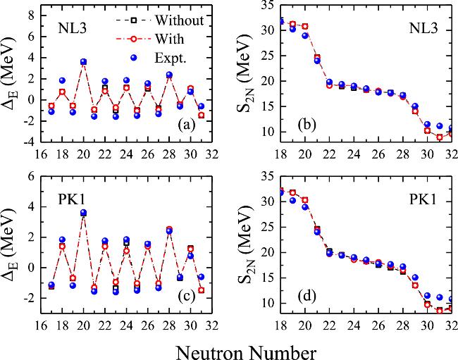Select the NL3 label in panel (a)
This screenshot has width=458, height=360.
[73, 30]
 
